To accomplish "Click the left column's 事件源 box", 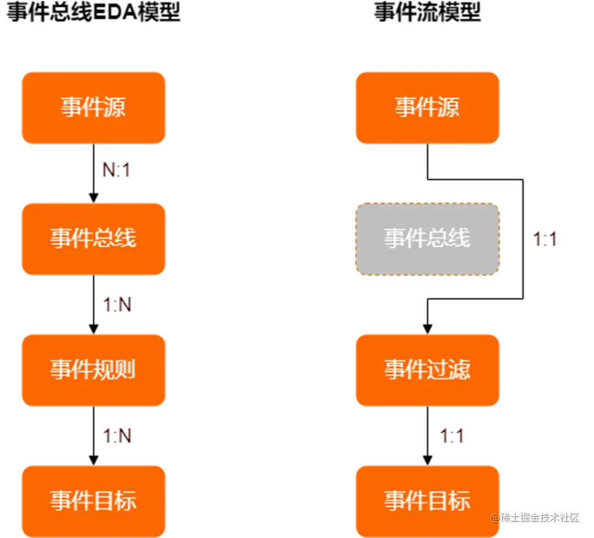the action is tap(93, 108).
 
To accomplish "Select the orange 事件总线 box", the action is tap(93, 239).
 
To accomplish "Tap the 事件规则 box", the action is tap(93, 370).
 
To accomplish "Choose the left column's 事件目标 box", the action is tap(93, 501).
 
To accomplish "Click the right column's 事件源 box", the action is tap(427, 108).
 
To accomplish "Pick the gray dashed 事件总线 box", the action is tap(427, 239).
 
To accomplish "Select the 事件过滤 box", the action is tap(427, 370).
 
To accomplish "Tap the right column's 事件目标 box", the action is tap(427, 501).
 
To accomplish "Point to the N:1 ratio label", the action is tap(117, 171).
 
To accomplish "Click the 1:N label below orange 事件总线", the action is tap(118, 304).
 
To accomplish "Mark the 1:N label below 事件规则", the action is tap(118, 436).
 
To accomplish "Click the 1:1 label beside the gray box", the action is tap(546, 239).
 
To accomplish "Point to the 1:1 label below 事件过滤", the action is tap(452, 436).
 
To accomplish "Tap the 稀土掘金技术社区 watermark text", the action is tap(536, 517).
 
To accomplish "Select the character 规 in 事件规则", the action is tap(104, 370).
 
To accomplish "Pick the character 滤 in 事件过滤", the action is tap(460, 370).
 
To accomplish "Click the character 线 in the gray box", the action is tap(460, 239).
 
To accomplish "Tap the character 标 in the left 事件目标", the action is tap(125, 501).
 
